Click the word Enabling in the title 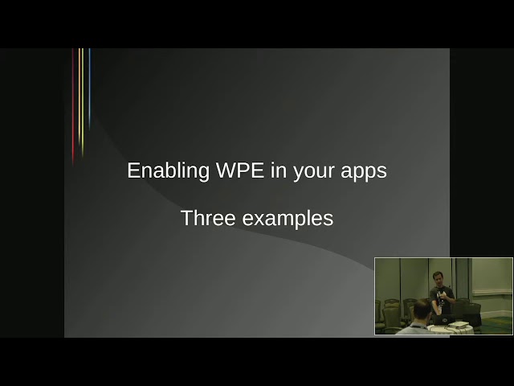pos(168,170)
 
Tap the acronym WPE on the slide pos(240,170)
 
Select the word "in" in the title pos(279,170)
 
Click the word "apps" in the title pos(364,172)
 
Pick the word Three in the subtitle pos(208,218)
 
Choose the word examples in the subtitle pos(288,220)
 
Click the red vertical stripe pos(73,105)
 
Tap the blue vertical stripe pos(89,88)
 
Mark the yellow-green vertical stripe pos(83,102)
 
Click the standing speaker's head pos(438,278)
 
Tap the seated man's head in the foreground pos(422,310)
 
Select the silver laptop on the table pos(458,324)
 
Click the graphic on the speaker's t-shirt pos(441,296)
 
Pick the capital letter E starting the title pos(133,170)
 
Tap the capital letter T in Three pos(187,218)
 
